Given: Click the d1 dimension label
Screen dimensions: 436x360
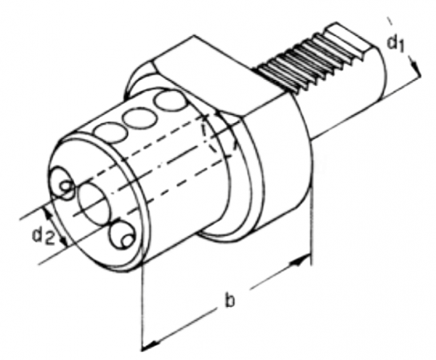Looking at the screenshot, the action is [x=395, y=44].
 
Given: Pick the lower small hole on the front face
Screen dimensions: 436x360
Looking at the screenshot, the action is [x=123, y=234].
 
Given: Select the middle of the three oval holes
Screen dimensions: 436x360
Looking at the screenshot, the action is [x=140, y=117].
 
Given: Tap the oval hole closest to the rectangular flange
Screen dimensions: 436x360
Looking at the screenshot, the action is [x=170, y=103].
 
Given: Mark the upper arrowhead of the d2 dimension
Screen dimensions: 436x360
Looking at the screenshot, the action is [x=48, y=212].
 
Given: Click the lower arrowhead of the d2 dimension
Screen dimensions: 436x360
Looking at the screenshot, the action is [x=65, y=241].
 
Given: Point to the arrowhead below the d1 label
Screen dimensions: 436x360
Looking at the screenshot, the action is [x=415, y=65].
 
